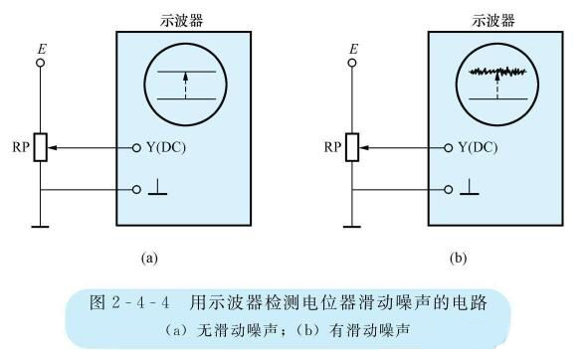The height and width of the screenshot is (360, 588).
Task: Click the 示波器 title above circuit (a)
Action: point(181,19)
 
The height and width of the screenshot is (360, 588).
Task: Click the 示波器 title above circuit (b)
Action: point(493,19)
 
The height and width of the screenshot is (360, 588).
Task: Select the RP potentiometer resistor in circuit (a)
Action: point(40,148)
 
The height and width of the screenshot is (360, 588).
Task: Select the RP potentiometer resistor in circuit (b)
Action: point(353,148)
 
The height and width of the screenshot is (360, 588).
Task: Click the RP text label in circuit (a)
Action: point(20,148)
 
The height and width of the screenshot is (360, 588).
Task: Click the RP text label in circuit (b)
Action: point(333,148)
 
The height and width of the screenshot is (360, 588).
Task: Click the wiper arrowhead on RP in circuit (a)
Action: point(52,148)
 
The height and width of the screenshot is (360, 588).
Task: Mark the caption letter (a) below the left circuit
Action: point(149,257)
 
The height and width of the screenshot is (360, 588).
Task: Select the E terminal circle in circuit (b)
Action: point(353,62)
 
